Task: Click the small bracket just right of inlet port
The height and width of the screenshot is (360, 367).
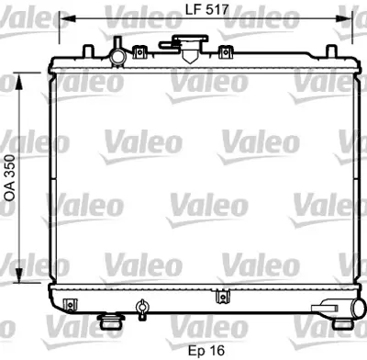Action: coord(139,54)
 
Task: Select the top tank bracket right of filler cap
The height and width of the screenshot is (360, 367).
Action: coord(220,55)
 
